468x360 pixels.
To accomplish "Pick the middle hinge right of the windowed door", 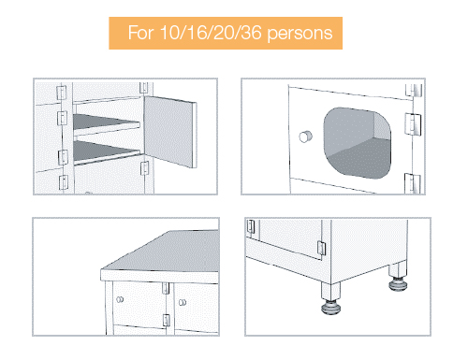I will tap(409, 122).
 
